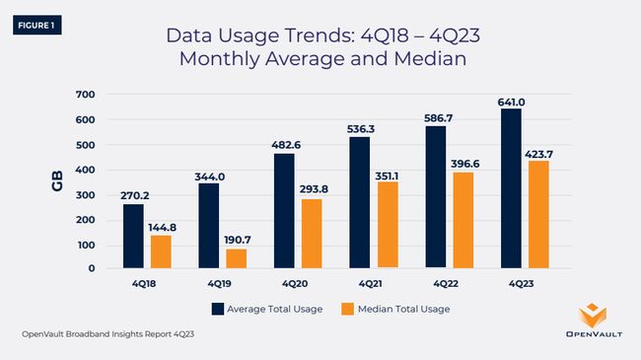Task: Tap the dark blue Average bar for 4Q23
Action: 513,187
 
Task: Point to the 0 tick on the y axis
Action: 90,268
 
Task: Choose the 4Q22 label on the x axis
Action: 448,282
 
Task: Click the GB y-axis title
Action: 57,181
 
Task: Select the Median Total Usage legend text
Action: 403,309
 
